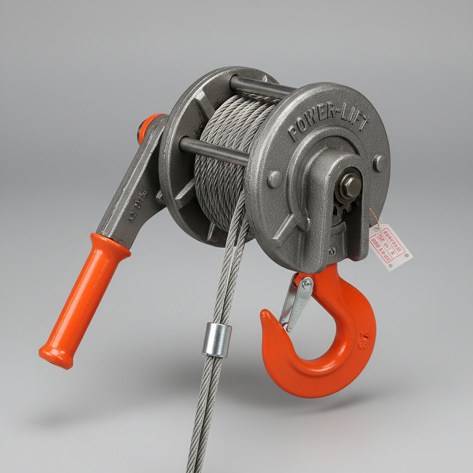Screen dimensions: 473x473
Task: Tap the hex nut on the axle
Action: point(351,185)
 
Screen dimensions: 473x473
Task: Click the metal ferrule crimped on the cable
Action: point(217,340)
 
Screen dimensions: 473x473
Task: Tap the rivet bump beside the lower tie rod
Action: point(274,178)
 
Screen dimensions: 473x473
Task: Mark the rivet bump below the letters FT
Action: point(380,163)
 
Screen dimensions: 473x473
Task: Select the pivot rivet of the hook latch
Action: point(306,283)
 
